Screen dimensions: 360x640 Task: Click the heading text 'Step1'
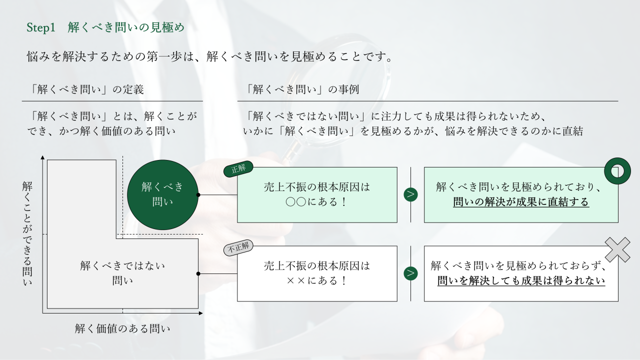(40, 28)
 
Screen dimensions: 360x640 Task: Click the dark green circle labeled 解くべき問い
(162, 194)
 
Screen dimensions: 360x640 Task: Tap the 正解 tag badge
(238, 169)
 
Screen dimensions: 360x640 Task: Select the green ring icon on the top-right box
(617, 171)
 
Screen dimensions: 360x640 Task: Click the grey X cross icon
(618, 249)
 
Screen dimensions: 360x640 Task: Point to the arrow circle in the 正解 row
(410, 194)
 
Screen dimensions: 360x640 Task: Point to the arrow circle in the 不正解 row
(410, 273)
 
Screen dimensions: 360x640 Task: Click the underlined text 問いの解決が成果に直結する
(521, 202)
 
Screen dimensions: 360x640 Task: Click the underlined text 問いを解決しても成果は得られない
(521, 280)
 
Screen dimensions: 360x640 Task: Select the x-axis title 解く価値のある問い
(122, 328)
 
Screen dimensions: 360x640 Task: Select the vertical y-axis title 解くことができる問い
(27, 233)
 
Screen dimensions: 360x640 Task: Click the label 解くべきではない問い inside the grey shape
(122, 272)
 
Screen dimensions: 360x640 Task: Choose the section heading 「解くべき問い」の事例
(302, 90)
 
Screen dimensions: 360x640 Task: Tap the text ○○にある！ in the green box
(317, 202)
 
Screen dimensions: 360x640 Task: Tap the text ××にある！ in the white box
(317, 280)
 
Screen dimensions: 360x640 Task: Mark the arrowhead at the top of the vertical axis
(42, 158)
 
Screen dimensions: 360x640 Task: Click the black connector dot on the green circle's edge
(198, 194)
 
